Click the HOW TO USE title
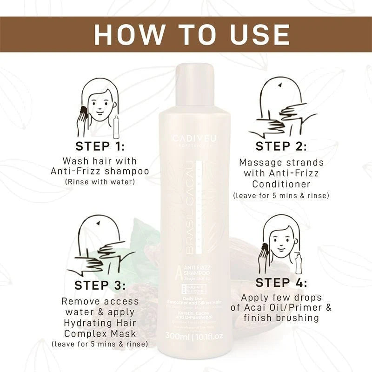click(186, 35)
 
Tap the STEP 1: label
click(100, 146)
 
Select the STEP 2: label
click(281, 146)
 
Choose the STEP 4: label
click(281, 282)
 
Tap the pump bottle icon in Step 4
click(298, 263)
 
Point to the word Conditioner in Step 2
click(281, 185)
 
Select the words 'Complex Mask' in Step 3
click(100, 334)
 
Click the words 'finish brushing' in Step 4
click(281, 318)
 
